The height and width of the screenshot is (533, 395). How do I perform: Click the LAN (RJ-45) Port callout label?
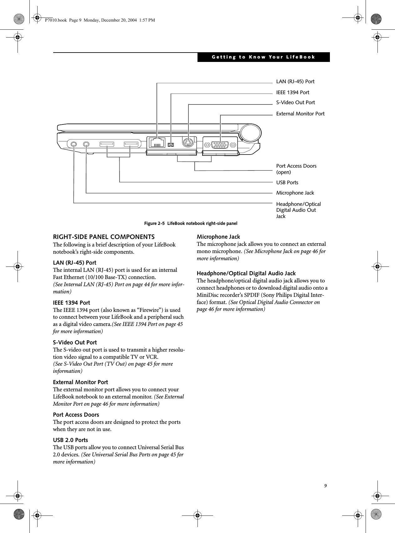(x=295, y=82)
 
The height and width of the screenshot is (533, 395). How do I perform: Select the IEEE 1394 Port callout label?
(x=292, y=93)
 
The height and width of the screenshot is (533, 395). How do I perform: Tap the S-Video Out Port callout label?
(x=295, y=103)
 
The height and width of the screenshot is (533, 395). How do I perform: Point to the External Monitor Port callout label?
(x=300, y=114)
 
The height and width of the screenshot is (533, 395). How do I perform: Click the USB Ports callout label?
(x=287, y=183)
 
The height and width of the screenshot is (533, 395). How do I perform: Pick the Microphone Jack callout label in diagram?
(x=295, y=193)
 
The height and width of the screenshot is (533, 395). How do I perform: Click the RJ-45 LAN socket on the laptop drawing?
(x=157, y=143)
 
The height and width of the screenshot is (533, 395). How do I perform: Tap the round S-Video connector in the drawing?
(x=188, y=143)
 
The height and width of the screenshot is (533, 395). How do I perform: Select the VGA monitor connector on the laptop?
(x=220, y=145)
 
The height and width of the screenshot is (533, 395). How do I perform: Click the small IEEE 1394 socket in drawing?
(x=171, y=145)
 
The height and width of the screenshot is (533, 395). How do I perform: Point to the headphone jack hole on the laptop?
(x=74, y=145)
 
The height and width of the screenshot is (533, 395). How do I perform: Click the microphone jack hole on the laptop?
(x=86, y=145)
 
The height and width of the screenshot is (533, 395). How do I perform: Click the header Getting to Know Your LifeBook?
(x=263, y=57)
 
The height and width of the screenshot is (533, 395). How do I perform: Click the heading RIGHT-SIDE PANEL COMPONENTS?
(x=104, y=237)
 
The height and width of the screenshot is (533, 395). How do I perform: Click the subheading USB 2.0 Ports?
(x=70, y=440)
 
